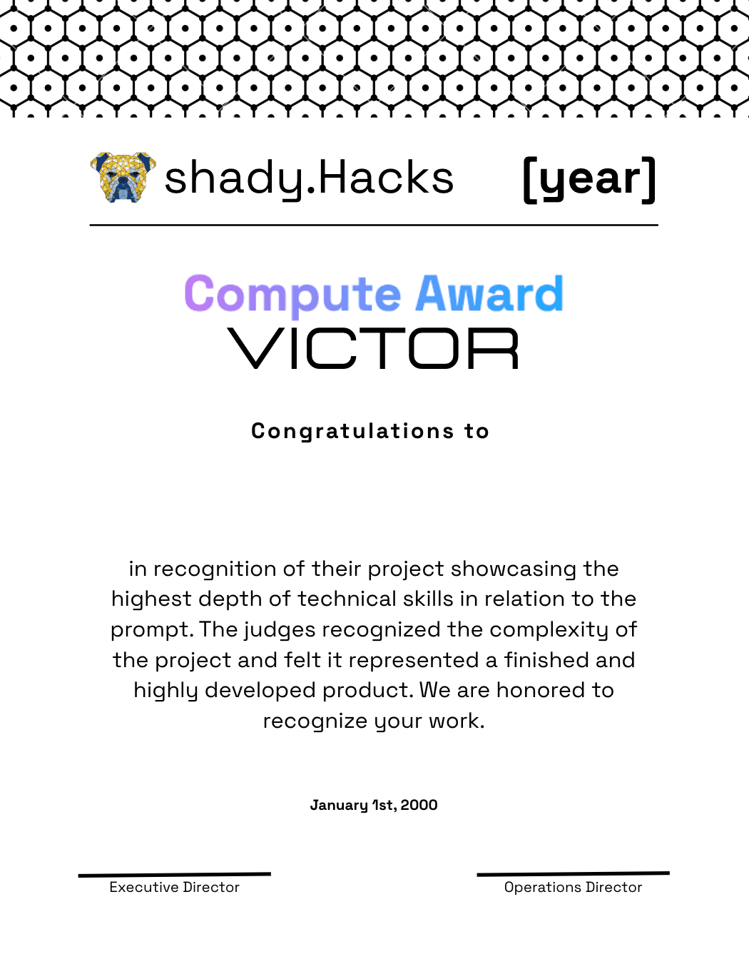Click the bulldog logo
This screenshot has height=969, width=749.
click(x=123, y=177)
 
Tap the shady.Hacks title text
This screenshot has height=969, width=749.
click(x=309, y=178)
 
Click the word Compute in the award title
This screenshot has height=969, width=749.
click(x=293, y=294)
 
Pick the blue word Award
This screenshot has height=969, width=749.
click(x=489, y=294)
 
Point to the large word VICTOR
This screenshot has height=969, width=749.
click(x=373, y=349)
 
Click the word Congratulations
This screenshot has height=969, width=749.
click(x=352, y=431)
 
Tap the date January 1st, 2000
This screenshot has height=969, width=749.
click(x=373, y=805)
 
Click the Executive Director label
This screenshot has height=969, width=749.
click(x=174, y=887)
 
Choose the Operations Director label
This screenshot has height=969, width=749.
click(x=573, y=887)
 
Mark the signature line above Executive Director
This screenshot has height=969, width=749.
click(x=174, y=874)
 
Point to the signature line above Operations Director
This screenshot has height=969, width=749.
click(x=573, y=873)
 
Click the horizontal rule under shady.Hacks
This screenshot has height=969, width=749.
click(x=373, y=225)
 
